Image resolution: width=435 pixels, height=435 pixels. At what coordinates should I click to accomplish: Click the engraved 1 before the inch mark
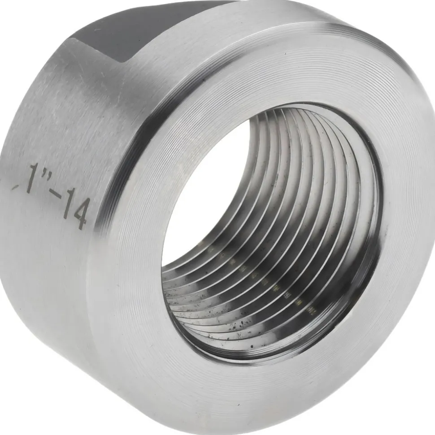click(33, 178)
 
